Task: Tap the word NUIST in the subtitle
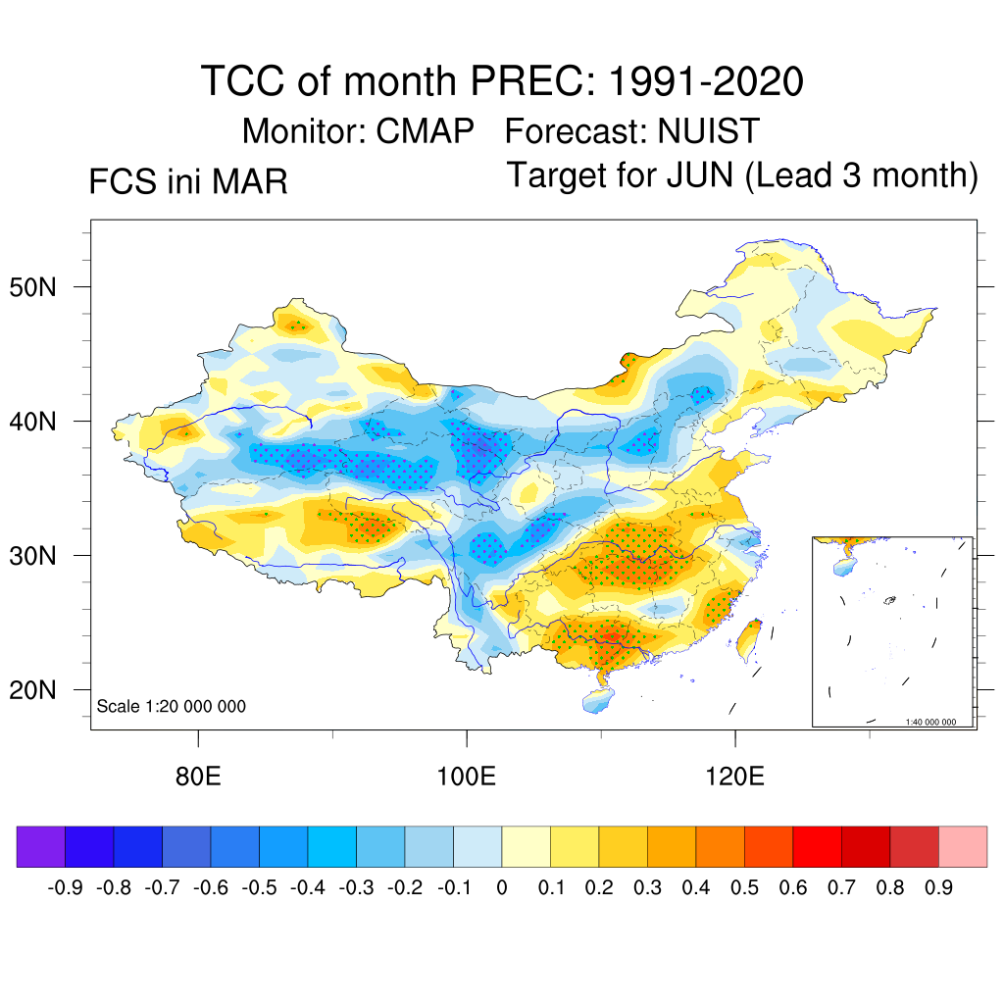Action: (708, 130)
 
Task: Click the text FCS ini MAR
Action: (188, 182)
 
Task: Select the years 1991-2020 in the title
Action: (706, 80)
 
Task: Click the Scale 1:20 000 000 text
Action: (172, 706)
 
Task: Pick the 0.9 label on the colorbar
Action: (938, 888)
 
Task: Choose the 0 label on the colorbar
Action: (502, 888)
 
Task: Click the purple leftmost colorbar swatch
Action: (41, 847)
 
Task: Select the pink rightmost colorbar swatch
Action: (963, 847)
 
